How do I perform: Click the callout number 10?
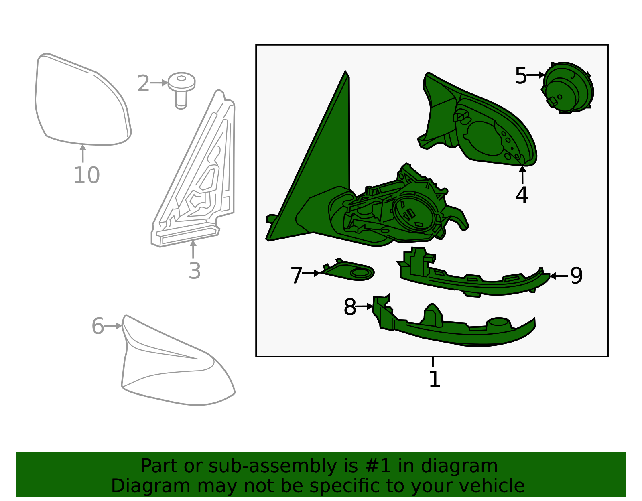[x=86, y=175]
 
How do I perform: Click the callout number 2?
[x=144, y=83]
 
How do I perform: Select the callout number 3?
[x=195, y=271]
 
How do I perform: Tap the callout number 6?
[x=98, y=326]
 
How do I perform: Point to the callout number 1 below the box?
[x=435, y=379]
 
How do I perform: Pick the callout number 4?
[x=522, y=195]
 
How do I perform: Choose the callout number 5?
[x=520, y=75]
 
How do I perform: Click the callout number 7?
[x=297, y=276]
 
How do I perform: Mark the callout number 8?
[x=350, y=307]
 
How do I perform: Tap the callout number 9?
[x=577, y=276]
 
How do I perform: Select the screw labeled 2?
[x=181, y=90]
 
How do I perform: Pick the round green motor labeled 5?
[x=567, y=87]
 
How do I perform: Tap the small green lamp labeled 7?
[x=349, y=270]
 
